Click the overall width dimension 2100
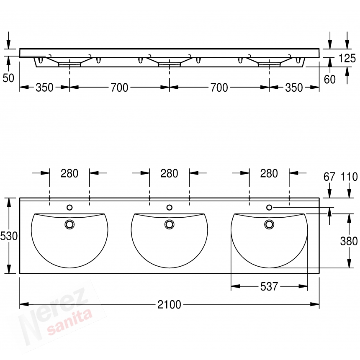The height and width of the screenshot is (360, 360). (x=169, y=304)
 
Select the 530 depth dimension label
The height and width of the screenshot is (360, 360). (x=9, y=236)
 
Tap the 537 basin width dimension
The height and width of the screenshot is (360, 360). (x=269, y=286)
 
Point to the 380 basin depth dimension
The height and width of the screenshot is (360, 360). (x=349, y=241)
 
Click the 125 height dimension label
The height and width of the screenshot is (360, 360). (x=347, y=58)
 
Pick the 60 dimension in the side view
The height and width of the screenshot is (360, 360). (x=330, y=80)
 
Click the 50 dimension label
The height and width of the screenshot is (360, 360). (x=8, y=78)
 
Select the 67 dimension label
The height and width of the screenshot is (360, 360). (x=329, y=177)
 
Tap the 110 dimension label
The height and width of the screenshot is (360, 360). (x=349, y=177)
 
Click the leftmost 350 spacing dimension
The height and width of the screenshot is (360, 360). (x=44, y=87)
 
